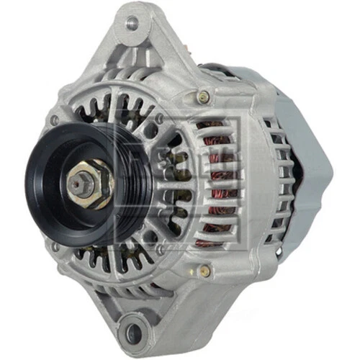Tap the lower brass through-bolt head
(x=204, y=270)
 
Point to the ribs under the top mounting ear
(x=144, y=61)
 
